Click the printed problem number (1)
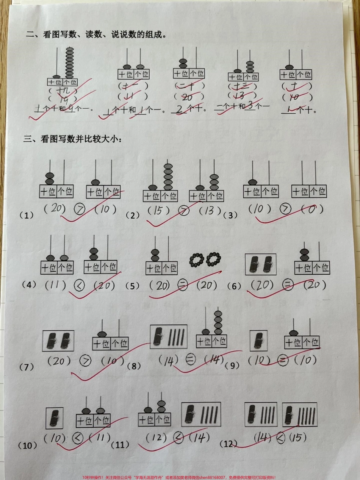pos(27,215)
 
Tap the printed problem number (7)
pos(27,366)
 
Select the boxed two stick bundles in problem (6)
pos(261,264)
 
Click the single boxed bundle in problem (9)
pos(258,340)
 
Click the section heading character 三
pos(27,139)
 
